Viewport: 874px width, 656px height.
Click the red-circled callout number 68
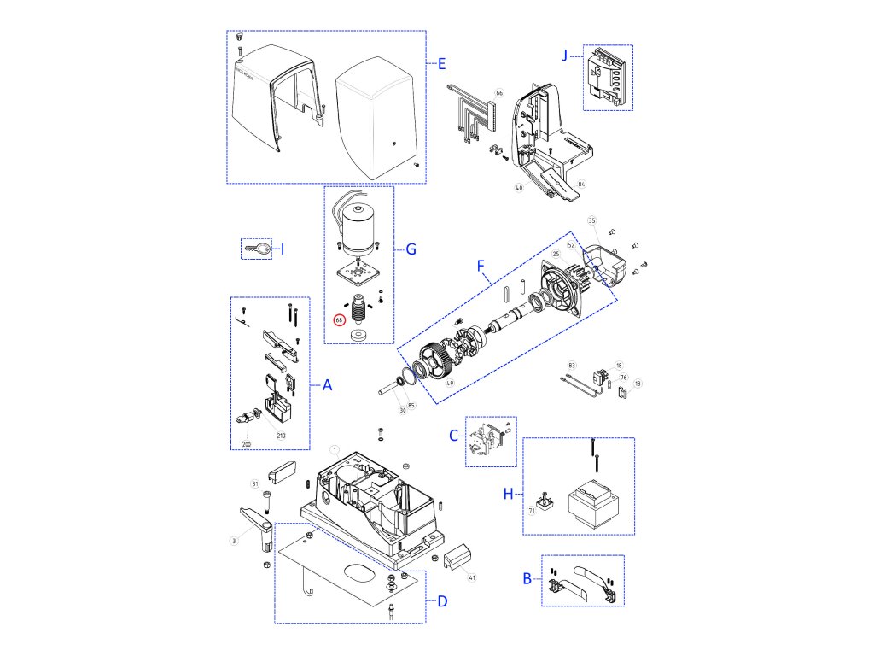[339, 320]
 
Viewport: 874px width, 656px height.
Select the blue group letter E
[441, 63]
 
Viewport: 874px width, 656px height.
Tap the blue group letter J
[565, 55]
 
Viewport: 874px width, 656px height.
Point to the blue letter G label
[411, 249]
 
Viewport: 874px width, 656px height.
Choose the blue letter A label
[326, 385]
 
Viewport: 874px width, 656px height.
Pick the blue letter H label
[508, 495]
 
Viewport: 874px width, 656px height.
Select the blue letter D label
[441, 600]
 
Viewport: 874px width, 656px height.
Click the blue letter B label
[527, 578]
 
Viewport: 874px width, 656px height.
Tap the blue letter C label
[454, 436]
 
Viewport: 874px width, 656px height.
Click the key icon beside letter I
[256, 249]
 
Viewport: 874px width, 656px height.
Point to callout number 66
[499, 92]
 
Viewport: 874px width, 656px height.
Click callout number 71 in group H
[531, 511]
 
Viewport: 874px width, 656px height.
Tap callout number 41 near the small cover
[472, 577]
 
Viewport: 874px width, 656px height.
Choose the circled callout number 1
[335, 449]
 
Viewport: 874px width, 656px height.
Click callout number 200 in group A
[247, 444]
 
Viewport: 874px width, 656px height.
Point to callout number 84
[580, 184]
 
